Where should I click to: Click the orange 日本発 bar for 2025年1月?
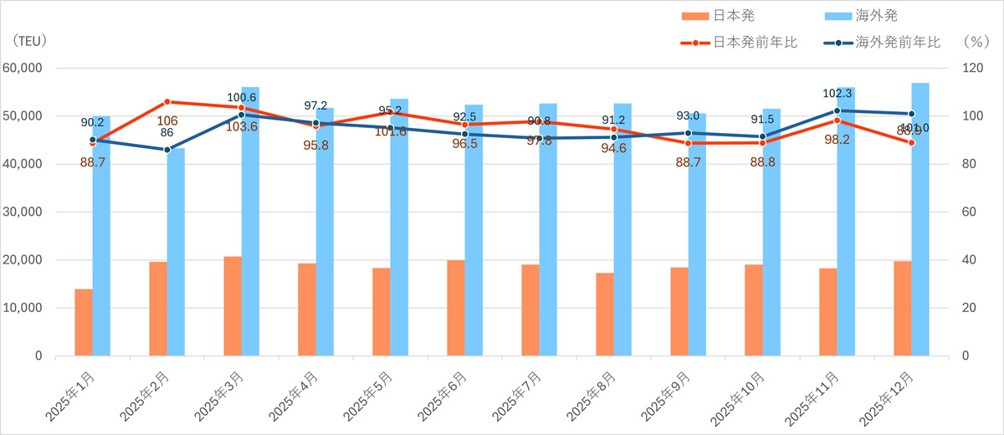[x=84, y=322]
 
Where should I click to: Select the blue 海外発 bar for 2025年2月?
[x=176, y=251]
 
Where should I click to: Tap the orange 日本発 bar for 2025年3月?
[x=233, y=305]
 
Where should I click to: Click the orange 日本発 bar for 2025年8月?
[x=605, y=314]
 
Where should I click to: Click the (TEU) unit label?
[x=30, y=40]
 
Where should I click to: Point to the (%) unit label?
[x=976, y=40]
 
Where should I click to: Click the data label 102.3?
[x=837, y=95]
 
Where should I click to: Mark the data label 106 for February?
[x=167, y=120]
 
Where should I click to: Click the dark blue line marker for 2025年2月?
[x=167, y=150]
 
